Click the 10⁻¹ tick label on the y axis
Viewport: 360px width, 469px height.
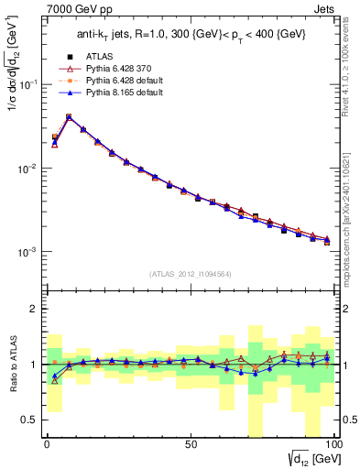(x=28, y=84)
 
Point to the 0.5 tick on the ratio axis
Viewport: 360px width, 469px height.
(x=29, y=420)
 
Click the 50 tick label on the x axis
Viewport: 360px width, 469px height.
(x=190, y=443)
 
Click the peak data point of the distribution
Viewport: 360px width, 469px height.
(x=69, y=117)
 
